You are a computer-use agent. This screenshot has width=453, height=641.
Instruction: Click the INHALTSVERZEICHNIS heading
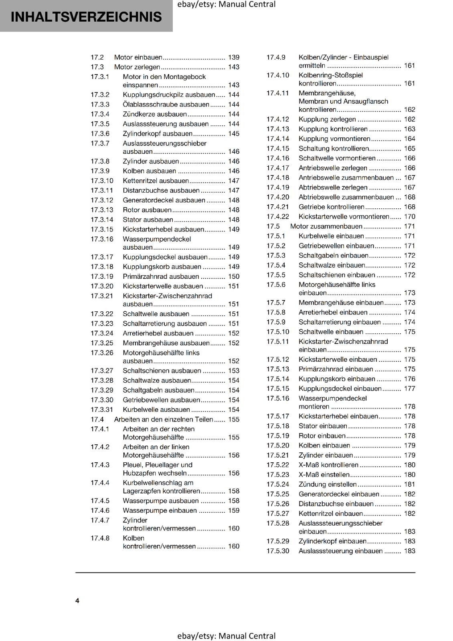[86, 17]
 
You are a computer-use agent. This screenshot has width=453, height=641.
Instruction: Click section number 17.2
[97, 57]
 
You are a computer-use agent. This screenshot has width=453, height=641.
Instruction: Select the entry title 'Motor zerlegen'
[137, 67]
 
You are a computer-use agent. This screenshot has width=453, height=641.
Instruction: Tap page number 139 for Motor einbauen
[233, 57]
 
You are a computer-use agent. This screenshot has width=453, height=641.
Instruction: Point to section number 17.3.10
[102, 181]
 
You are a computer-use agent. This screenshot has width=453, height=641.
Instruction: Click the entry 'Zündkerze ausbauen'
[155, 114]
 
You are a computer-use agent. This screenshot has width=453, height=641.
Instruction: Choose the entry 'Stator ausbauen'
[148, 220]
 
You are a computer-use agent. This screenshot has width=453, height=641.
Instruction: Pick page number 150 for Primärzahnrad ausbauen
[233, 276]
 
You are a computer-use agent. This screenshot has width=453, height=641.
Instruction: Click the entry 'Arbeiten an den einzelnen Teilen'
[164, 419]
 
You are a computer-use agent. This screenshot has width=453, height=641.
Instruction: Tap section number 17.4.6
[100, 510]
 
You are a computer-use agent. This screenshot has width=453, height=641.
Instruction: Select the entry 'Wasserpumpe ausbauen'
[160, 501]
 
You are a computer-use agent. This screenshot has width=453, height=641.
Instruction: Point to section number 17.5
[273, 226]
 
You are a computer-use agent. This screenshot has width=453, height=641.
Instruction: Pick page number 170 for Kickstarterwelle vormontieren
[409, 217]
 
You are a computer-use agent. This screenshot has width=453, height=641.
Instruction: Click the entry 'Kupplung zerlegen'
[327, 119]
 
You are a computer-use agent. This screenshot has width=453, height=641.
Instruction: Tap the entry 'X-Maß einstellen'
[324, 475]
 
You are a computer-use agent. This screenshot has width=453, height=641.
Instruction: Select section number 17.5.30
[278, 551]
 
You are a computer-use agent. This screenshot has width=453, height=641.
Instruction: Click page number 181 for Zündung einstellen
[409, 484]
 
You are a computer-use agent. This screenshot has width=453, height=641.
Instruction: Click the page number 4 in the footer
[77, 601]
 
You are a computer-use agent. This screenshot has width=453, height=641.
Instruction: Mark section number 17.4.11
[278, 93]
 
